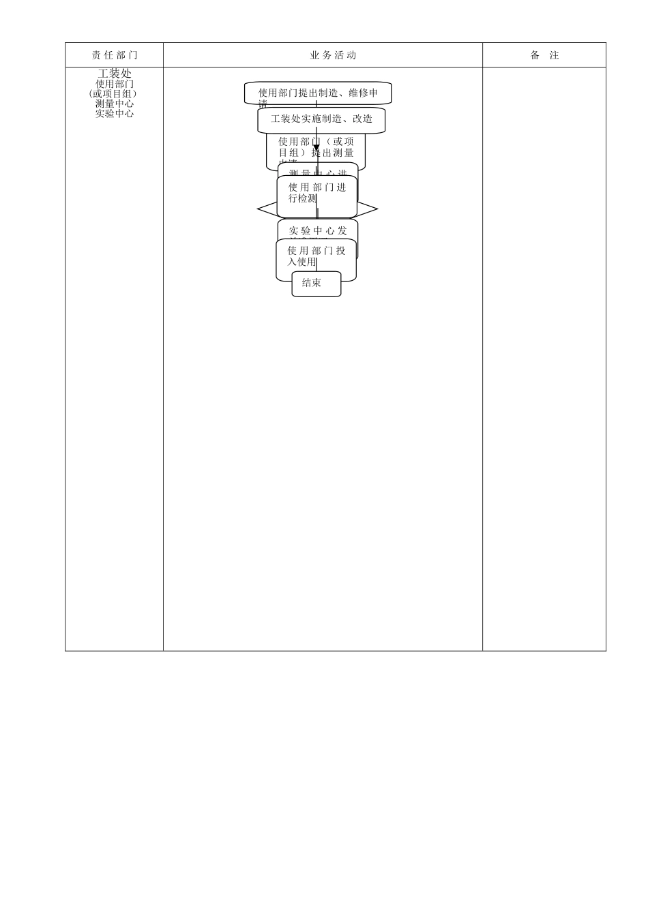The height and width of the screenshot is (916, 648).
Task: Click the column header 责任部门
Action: pos(115,55)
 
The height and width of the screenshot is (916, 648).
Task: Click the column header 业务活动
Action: pos(333,55)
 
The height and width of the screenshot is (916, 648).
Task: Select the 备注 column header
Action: pos(544,55)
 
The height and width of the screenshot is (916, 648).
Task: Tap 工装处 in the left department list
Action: pos(115,73)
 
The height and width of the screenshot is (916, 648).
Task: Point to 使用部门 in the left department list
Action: pos(115,84)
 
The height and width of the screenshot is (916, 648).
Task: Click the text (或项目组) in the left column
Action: pos(113,94)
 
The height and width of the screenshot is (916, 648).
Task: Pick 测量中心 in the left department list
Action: pos(115,104)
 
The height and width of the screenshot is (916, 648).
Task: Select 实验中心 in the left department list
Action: pos(115,114)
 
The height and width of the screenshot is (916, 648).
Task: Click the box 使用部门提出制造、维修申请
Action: pos(318,93)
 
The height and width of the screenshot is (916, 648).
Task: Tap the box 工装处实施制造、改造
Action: pos(321,119)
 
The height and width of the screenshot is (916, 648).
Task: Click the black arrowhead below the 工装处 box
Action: pos(316,147)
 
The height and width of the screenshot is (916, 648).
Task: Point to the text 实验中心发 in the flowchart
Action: pos(318,231)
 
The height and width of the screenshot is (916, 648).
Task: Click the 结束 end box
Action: pos(316,284)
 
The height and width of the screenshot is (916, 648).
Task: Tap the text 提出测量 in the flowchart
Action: pos(334,153)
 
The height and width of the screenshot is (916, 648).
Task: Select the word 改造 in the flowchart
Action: pos(362,119)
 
